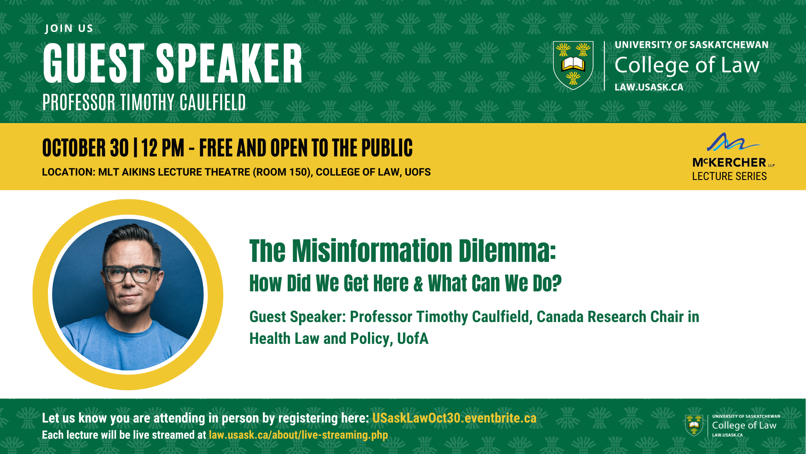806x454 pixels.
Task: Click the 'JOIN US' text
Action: point(69,28)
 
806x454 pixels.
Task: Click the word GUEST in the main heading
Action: point(93,64)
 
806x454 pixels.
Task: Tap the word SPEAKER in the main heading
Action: point(229,64)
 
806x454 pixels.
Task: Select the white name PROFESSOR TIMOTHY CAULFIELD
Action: point(144,102)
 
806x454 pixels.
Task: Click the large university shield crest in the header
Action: point(573,65)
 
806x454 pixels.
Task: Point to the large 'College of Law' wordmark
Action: point(687,65)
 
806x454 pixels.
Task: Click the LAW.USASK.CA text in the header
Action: point(649,87)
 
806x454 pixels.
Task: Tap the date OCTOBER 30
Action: point(85,148)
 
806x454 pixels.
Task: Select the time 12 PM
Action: point(163,148)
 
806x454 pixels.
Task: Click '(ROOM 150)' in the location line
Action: point(283,172)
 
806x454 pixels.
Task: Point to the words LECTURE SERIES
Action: point(729,176)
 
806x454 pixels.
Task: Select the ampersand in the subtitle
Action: point(418,283)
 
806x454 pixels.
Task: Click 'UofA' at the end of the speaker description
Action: point(413,339)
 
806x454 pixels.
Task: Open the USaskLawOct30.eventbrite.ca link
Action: point(454,418)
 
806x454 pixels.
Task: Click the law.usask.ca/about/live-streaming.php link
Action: point(298,435)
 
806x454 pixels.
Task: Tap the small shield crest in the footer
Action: point(694,425)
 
